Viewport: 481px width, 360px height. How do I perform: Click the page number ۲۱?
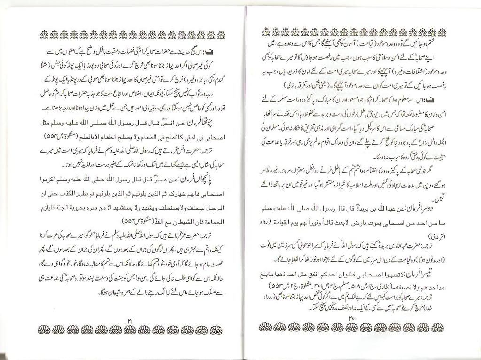coord(131,320)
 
